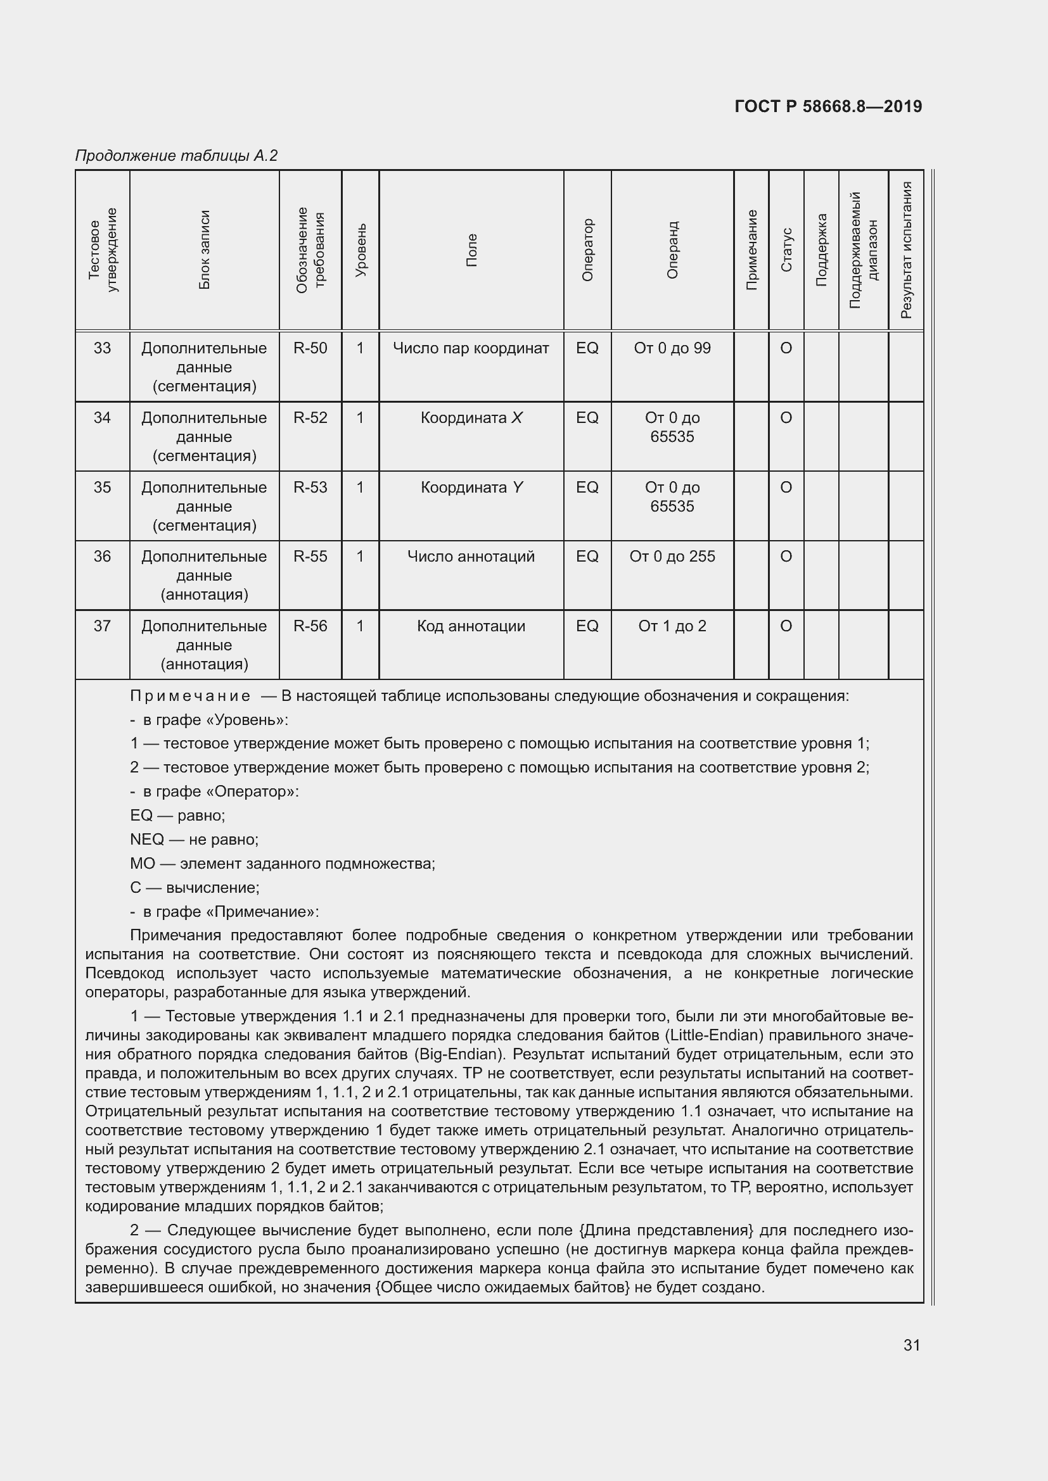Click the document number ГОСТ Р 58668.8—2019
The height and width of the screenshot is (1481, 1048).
point(828,106)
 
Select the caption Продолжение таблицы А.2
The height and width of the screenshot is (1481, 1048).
point(176,156)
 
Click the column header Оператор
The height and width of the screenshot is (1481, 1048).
point(587,250)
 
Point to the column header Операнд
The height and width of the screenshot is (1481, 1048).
point(672,250)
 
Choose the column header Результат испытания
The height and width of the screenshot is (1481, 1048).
point(906,250)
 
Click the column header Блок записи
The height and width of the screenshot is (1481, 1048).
point(204,250)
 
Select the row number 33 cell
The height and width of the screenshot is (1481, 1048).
point(102,348)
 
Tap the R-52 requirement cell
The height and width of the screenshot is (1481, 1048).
point(310,418)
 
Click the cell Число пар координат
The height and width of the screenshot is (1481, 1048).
point(471,348)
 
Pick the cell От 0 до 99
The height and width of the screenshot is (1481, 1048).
point(672,348)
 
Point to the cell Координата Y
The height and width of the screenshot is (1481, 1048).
point(471,488)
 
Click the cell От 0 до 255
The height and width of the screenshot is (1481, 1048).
point(672,557)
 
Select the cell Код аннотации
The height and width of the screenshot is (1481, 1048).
point(471,626)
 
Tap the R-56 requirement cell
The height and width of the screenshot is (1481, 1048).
point(310,626)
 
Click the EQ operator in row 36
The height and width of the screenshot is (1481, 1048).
point(587,557)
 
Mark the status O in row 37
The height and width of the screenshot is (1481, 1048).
point(786,626)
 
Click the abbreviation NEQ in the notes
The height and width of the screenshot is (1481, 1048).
point(147,840)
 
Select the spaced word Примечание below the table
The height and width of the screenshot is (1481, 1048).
point(190,696)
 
